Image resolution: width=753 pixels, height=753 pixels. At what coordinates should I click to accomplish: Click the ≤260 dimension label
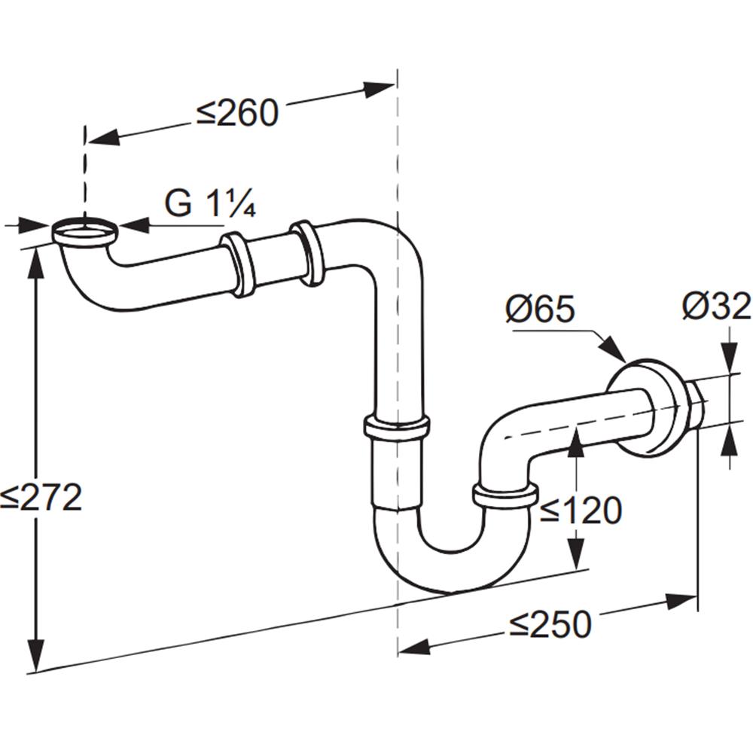[237, 114]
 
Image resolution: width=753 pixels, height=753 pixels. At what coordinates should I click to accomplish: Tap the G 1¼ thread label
[210, 203]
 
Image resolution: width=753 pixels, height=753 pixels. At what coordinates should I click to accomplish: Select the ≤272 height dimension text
[41, 497]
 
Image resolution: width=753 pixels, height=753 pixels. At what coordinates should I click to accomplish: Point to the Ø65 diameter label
[540, 308]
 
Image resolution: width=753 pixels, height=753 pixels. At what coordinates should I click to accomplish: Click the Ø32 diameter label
[717, 306]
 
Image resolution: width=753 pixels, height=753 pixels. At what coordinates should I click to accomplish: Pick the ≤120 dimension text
[581, 510]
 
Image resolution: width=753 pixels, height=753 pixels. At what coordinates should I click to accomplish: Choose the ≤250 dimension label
[550, 624]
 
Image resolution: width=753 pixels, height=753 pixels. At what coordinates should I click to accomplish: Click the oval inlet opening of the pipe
[84, 232]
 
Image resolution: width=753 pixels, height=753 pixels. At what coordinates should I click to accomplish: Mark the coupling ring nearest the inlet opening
[239, 264]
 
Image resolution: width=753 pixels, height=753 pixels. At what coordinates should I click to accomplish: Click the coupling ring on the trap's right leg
[505, 496]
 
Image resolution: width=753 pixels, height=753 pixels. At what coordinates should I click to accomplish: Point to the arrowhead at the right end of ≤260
[379, 88]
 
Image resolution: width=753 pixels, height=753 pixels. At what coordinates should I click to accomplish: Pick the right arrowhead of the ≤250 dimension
[680, 601]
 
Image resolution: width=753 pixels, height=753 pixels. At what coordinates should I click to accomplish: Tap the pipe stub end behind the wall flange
[694, 404]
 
